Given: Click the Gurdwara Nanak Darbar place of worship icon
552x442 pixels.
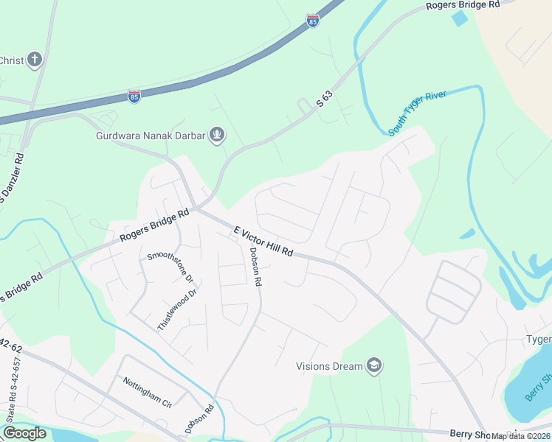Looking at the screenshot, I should click(x=217, y=135).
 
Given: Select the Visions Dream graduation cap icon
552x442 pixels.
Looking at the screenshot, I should click(x=375, y=365).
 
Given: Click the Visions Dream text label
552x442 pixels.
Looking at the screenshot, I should click(x=329, y=366).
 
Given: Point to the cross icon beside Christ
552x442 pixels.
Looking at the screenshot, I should click(x=35, y=60).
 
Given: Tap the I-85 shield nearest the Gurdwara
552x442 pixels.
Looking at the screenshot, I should click(x=134, y=97).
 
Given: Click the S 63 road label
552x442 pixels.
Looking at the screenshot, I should click(x=325, y=99).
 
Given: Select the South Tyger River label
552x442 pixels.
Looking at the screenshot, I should click(x=418, y=113).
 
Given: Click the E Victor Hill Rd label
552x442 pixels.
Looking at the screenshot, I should click(x=263, y=241).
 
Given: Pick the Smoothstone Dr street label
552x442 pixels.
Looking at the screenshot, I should click(x=170, y=267).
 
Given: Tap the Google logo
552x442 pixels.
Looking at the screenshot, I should click(x=24, y=432).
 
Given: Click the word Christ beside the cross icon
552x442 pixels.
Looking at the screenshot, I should click(x=11, y=60).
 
